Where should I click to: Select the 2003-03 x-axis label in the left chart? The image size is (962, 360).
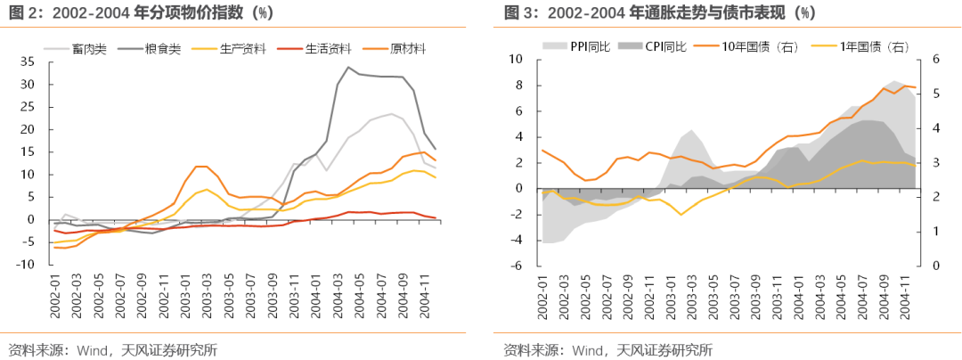click(x=207, y=296)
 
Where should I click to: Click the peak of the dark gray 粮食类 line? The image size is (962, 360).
click(x=348, y=68)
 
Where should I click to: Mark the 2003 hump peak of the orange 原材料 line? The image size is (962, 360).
click(x=201, y=167)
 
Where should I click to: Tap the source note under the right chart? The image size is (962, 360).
click(x=607, y=349)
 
